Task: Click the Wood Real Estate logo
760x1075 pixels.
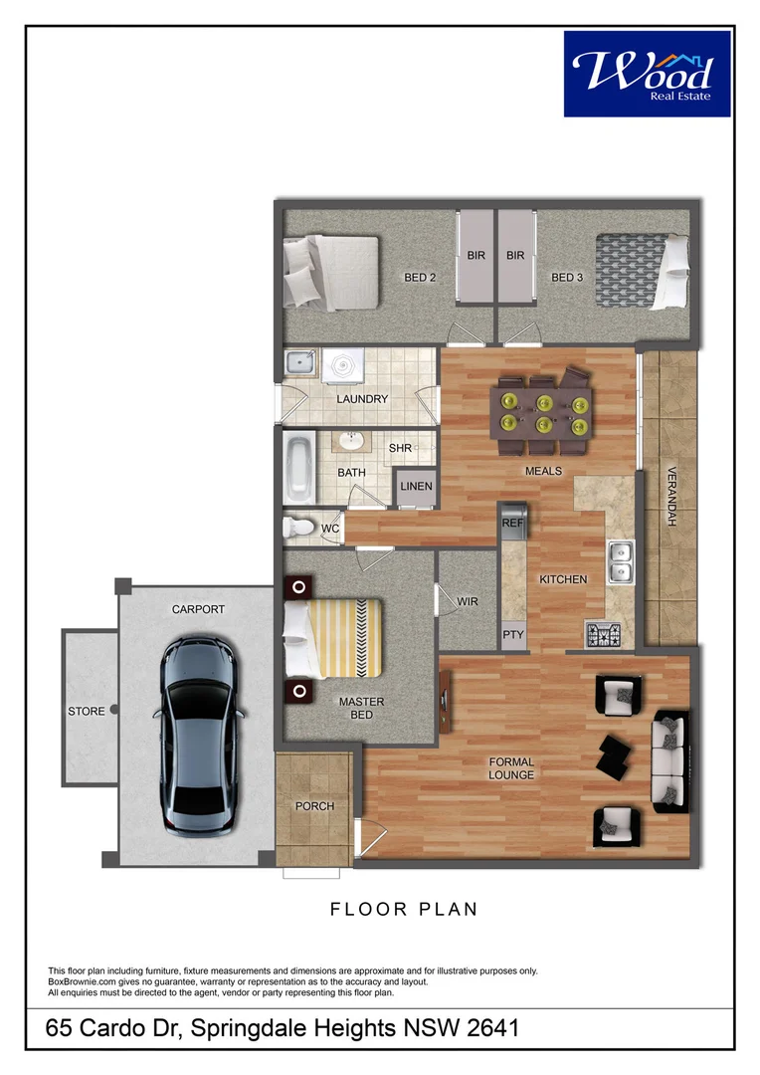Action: point(648,73)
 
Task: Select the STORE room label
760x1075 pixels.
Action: point(86,712)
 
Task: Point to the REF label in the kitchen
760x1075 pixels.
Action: point(512,523)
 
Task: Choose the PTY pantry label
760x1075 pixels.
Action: point(512,634)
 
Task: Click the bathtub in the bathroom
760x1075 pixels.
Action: point(297,468)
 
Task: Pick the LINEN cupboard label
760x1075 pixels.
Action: point(416,487)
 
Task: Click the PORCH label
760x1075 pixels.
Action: point(314,806)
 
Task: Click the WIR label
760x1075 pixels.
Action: point(468,602)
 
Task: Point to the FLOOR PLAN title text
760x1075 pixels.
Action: point(404,909)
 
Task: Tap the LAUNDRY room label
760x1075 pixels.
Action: point(362,399)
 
